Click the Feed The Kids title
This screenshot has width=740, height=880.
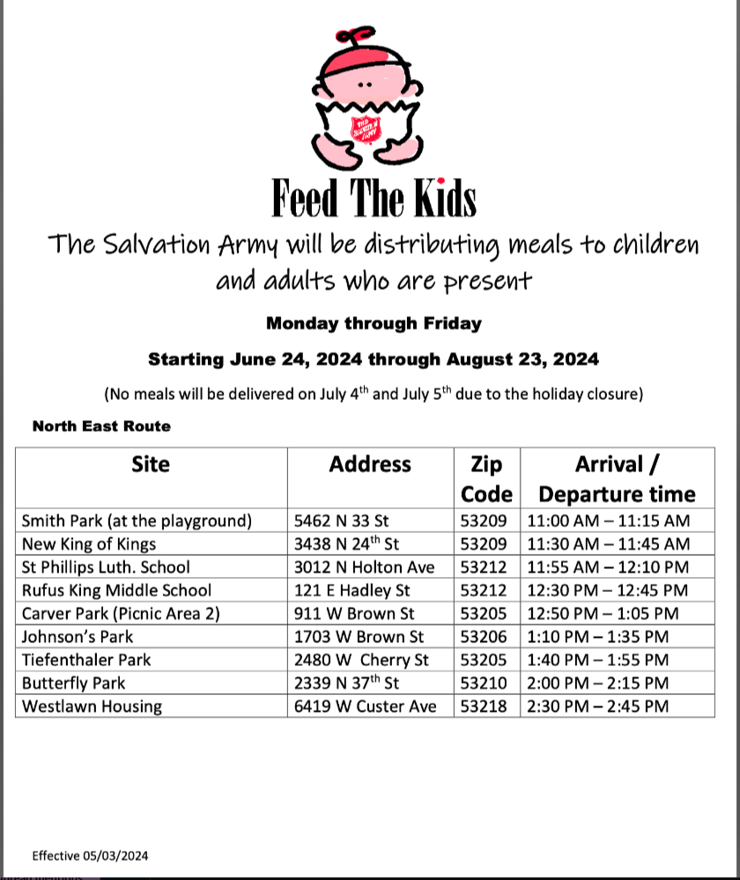click(374, 198)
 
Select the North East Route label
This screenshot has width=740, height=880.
click(101, 426)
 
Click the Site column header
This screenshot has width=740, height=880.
click(151, 464)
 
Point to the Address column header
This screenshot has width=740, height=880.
click(370, 464)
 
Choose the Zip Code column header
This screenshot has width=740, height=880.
click(486, 478)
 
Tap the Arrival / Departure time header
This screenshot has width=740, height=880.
click(617, 478)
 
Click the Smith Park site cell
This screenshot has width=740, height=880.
click(137, 521)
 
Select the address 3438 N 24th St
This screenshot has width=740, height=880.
click(346, 544)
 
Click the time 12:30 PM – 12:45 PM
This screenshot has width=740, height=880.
click(607, 590)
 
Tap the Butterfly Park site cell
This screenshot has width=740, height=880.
click(74, 683)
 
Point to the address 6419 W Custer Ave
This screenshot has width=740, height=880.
click(365, 706)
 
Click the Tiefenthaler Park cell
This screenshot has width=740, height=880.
click(86, 659)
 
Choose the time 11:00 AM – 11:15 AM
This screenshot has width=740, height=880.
click(609, 521)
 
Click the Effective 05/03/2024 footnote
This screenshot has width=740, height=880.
click(90, 855)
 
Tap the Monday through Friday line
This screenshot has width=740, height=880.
click(374, 323)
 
